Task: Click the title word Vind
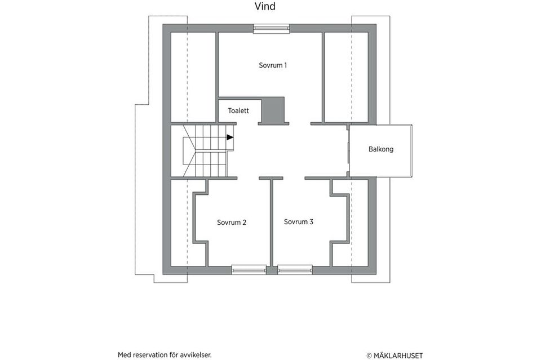[265, 7]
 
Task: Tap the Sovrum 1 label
[273, 65]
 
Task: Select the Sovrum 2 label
[232, 223]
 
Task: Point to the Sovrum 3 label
[299, 222]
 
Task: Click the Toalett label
[238, 111]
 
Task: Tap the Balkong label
[381, 150]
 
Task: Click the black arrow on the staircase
[230, 137]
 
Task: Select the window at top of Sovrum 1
[271, 29]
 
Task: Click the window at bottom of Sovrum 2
[249, 270]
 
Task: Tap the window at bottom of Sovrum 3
[295, 270]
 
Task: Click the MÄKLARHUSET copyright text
[398, 355]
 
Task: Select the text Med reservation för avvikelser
[165, 355]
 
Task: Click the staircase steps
[206, 151]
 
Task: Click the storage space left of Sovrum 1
[193, 76]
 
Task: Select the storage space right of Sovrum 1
[346, 76]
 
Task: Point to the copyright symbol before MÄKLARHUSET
[369, 355]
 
